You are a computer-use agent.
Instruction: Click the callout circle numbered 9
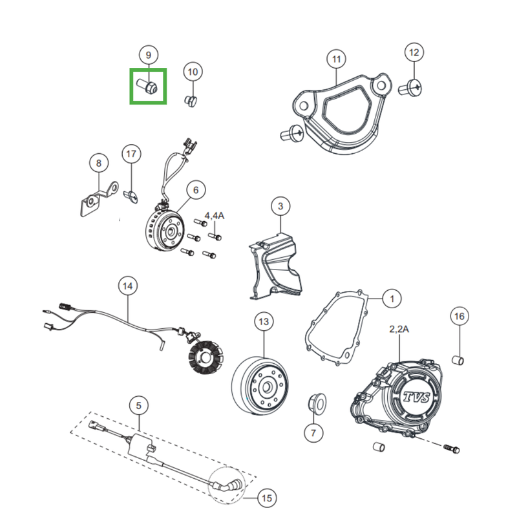(x=148, y=55)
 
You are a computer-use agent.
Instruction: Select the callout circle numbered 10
(x=193, y=72)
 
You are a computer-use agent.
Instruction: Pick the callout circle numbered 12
(x=414, y=52)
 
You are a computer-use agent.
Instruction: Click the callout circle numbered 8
(x=98, y=164)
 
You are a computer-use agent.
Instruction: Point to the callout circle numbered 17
(x=131, y=154)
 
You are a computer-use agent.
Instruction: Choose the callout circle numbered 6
(x=196, y=189)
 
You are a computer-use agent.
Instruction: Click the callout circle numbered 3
(x=280, y=207)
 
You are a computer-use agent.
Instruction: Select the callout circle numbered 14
(x=128, y=285)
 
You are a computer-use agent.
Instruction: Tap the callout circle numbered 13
(x=263, y=321)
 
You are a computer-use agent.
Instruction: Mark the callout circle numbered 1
(x=392, y=299)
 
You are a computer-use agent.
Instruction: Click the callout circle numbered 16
(x=459, y=316)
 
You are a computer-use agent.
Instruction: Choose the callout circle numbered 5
(x=138, y=405)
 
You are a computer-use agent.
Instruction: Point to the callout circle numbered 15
(x=266, y=498)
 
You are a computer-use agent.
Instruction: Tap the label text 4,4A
(x=214, y=215)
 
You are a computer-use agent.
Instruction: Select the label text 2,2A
(x=399, y=329)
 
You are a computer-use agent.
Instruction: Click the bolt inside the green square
(x=148, y=86)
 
